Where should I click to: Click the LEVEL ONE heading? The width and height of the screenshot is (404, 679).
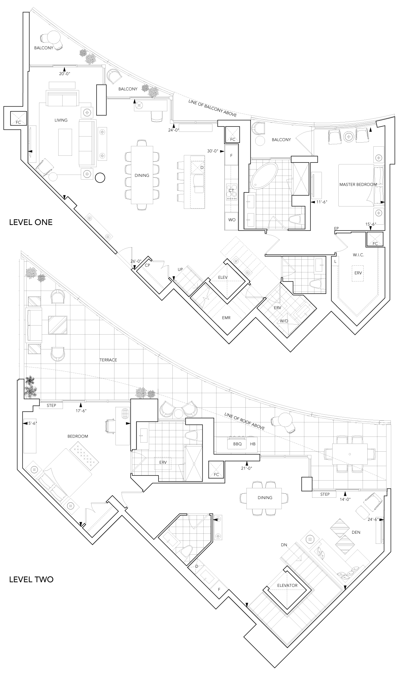tap(31, 222)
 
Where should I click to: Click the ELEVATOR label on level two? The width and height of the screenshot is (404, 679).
tap(287, 586)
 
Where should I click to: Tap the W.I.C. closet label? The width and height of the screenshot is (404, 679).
tap(359, 255)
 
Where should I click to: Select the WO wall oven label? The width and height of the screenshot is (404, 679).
tap(232, 220)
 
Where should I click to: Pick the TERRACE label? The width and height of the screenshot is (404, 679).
tap(108, 360)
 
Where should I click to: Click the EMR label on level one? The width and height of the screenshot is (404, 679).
tap(226, 317)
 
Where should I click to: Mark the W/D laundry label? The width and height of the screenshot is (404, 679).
tap(284, 320)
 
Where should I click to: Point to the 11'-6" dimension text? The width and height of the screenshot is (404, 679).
tap(322, 202)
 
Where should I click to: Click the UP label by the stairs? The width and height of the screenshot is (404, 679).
tap(180, 269)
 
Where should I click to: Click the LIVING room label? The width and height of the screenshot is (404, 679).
tap(61, 120)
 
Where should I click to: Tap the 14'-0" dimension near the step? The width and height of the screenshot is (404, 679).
tap(345, 499)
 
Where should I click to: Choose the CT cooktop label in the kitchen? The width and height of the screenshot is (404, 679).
tap(231, 191)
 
